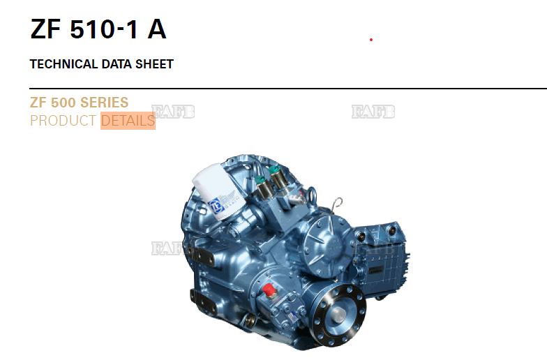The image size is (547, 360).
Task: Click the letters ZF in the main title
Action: pyautogui.click(x=45, y=29)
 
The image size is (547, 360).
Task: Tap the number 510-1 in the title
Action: pyautogui.click(x=104, y=29)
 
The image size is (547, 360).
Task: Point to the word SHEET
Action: pyautogui.click(x=155, y=64)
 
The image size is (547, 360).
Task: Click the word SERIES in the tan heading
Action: pyautogui.click(x=105, y=103)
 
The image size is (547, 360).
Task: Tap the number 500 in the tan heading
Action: pyautogui.click(x=63, y=103)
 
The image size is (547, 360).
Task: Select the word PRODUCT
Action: pyautogui.click(x=63, y=121)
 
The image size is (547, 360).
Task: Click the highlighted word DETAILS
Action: pyautogui.click(x=128, y=121)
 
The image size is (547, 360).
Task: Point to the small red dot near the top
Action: pyautogui.click(x=371, y=40)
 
